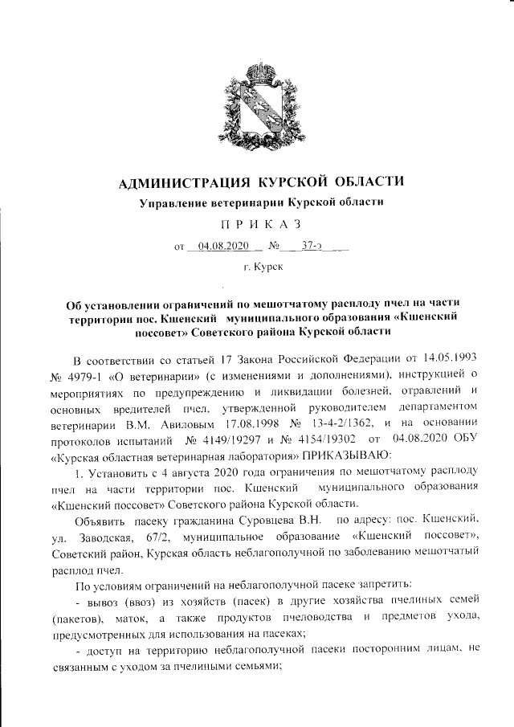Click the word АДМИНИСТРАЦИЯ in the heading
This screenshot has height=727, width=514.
pyautogui.click(x=179, y=182)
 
